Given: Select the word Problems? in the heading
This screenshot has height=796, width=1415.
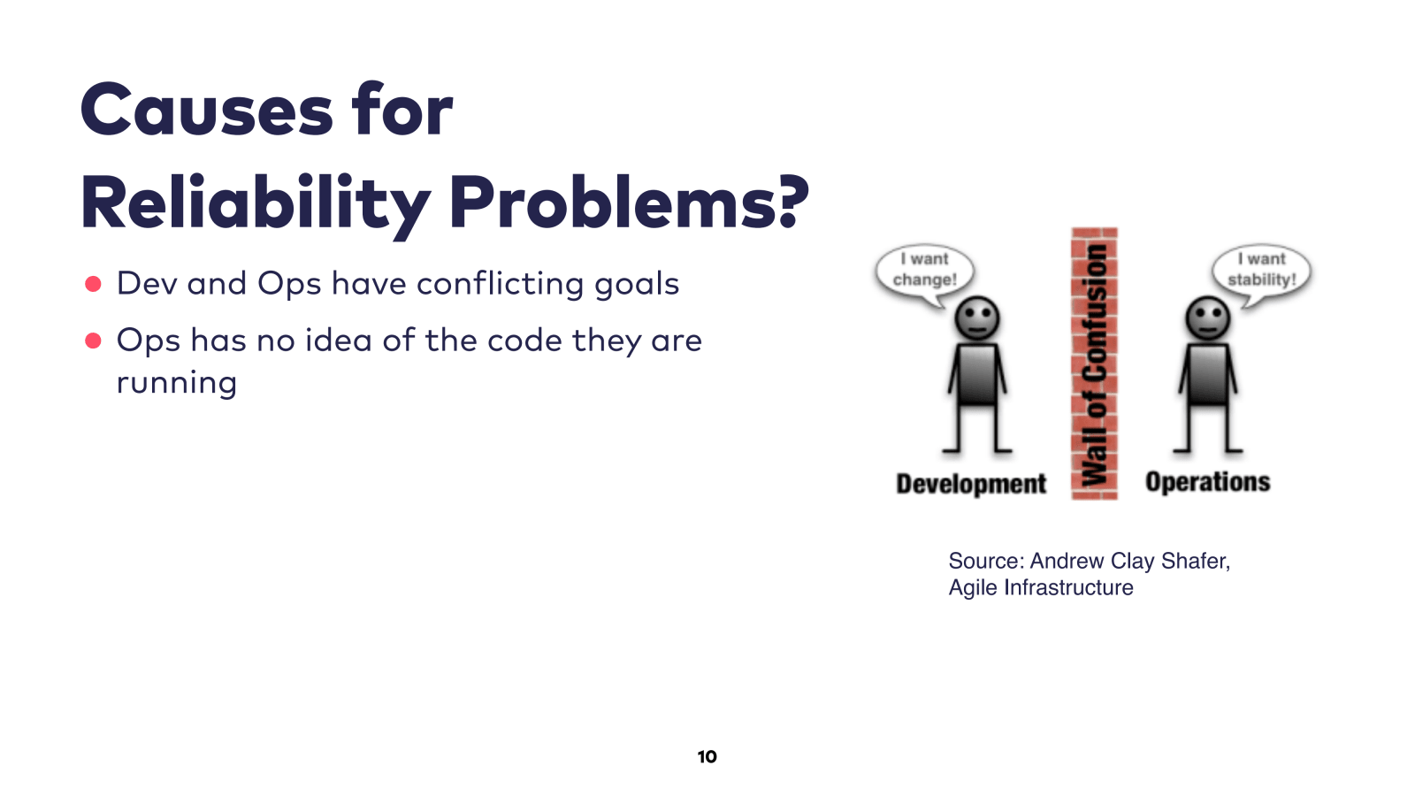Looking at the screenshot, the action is (629, 203).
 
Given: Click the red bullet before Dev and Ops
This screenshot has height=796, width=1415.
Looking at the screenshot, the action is (93, 284).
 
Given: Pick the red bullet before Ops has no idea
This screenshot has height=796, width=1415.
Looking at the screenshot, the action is (93, 341).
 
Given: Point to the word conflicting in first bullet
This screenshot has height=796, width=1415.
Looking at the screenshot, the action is (500, 284).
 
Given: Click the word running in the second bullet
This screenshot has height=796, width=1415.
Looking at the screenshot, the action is (177, 383).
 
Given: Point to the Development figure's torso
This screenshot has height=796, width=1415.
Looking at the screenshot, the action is (977, 375).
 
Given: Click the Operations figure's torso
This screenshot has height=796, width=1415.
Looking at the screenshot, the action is (1208, 375).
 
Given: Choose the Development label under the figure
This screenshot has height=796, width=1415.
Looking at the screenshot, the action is (971, 484).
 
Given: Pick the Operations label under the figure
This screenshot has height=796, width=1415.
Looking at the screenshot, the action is (1208, 482).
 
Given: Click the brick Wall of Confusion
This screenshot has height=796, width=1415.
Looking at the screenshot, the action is (1095, 364).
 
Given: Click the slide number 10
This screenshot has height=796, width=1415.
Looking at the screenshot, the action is (707, 757).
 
